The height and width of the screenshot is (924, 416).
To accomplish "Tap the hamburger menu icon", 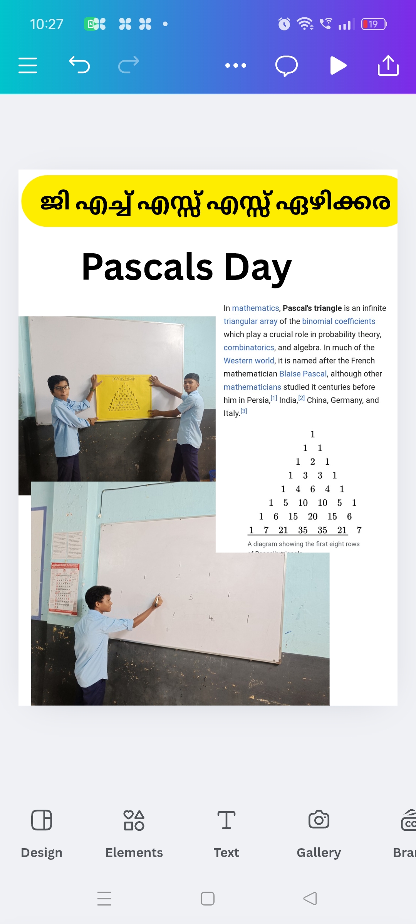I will pos(28,65).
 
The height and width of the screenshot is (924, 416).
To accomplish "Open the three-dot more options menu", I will pos(236,65).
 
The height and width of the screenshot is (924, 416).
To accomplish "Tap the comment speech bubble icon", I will pos(287,65).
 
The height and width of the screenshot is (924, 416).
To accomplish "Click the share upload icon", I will pos(388,65).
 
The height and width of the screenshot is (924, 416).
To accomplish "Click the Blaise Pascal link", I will pos(303,374).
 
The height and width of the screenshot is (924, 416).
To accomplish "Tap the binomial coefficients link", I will pos(339,321).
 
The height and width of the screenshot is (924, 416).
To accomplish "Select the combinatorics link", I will pos(249,348).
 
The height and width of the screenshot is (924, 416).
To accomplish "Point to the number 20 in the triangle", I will pos(313,517).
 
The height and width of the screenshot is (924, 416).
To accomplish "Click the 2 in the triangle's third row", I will pos(313,462).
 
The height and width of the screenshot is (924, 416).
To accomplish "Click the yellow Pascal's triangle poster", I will pos(124,397).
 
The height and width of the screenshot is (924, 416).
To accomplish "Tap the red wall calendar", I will pos(64,589).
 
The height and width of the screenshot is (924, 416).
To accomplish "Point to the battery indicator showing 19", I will pos(374,24).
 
